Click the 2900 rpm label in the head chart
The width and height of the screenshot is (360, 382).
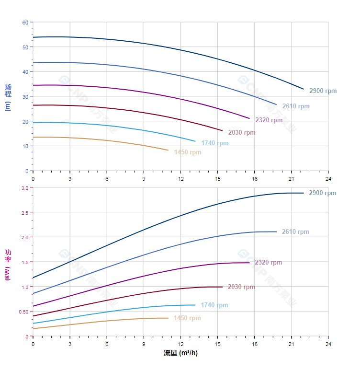click(323, 91)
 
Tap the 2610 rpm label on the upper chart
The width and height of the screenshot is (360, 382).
click(295, 106)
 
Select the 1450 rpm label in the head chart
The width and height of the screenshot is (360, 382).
click(188, 152)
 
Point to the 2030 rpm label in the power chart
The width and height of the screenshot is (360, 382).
click(241, 287)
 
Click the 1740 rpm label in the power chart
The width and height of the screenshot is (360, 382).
click(214, 305)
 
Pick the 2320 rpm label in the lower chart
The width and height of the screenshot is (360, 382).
click(268, 263)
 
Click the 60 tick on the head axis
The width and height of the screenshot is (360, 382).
click(25, 23)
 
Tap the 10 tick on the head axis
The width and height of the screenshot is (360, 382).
click(25, 146)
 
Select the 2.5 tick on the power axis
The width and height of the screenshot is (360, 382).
click(24, 212)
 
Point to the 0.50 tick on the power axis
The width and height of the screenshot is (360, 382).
click(24, 312)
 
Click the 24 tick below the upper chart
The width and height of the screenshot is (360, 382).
click(328, 179)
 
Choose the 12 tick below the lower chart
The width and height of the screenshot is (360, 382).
click(180, 344)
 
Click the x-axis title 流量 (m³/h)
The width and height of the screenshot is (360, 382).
click(180, 353)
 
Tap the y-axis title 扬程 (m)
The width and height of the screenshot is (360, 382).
click(8, 97)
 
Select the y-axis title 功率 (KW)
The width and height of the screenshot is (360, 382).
click(8, 265)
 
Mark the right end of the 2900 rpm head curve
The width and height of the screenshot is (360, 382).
click(304, 89)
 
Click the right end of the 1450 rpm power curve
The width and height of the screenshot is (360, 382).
click(168, 318)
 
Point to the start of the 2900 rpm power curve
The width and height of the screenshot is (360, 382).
click(33, 278)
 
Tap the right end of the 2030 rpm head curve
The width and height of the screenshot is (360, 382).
click(222, 130)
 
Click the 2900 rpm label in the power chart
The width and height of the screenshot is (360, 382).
click(323, 193)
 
